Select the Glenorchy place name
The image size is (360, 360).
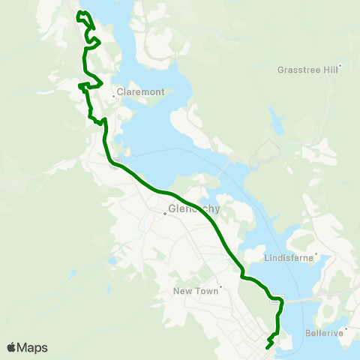194,209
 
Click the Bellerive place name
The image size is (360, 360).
324,331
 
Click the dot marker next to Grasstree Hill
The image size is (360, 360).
340,66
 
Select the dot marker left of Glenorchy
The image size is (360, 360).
165,213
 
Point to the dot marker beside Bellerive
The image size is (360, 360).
347,328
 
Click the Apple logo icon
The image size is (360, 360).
11,347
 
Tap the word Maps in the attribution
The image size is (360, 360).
32,347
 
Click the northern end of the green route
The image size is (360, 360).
79,13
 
